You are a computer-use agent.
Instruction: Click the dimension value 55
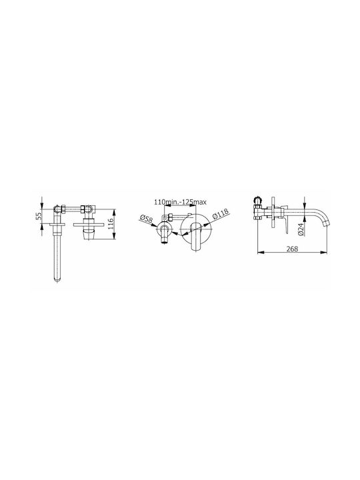click(x=38, y=217)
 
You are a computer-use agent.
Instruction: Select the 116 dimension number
click(x=111, y=224)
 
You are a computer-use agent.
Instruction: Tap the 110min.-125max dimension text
click(x=180, y=202)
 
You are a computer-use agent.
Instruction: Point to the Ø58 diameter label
click(x=146, y=219)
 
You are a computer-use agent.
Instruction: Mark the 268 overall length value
click(x=292, y=249)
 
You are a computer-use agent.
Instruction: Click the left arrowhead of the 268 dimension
click(x=261, y=253)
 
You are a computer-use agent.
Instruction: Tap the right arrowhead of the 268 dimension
click(x=324, y=253)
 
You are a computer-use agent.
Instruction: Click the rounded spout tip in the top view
click(x=57, y=279)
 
